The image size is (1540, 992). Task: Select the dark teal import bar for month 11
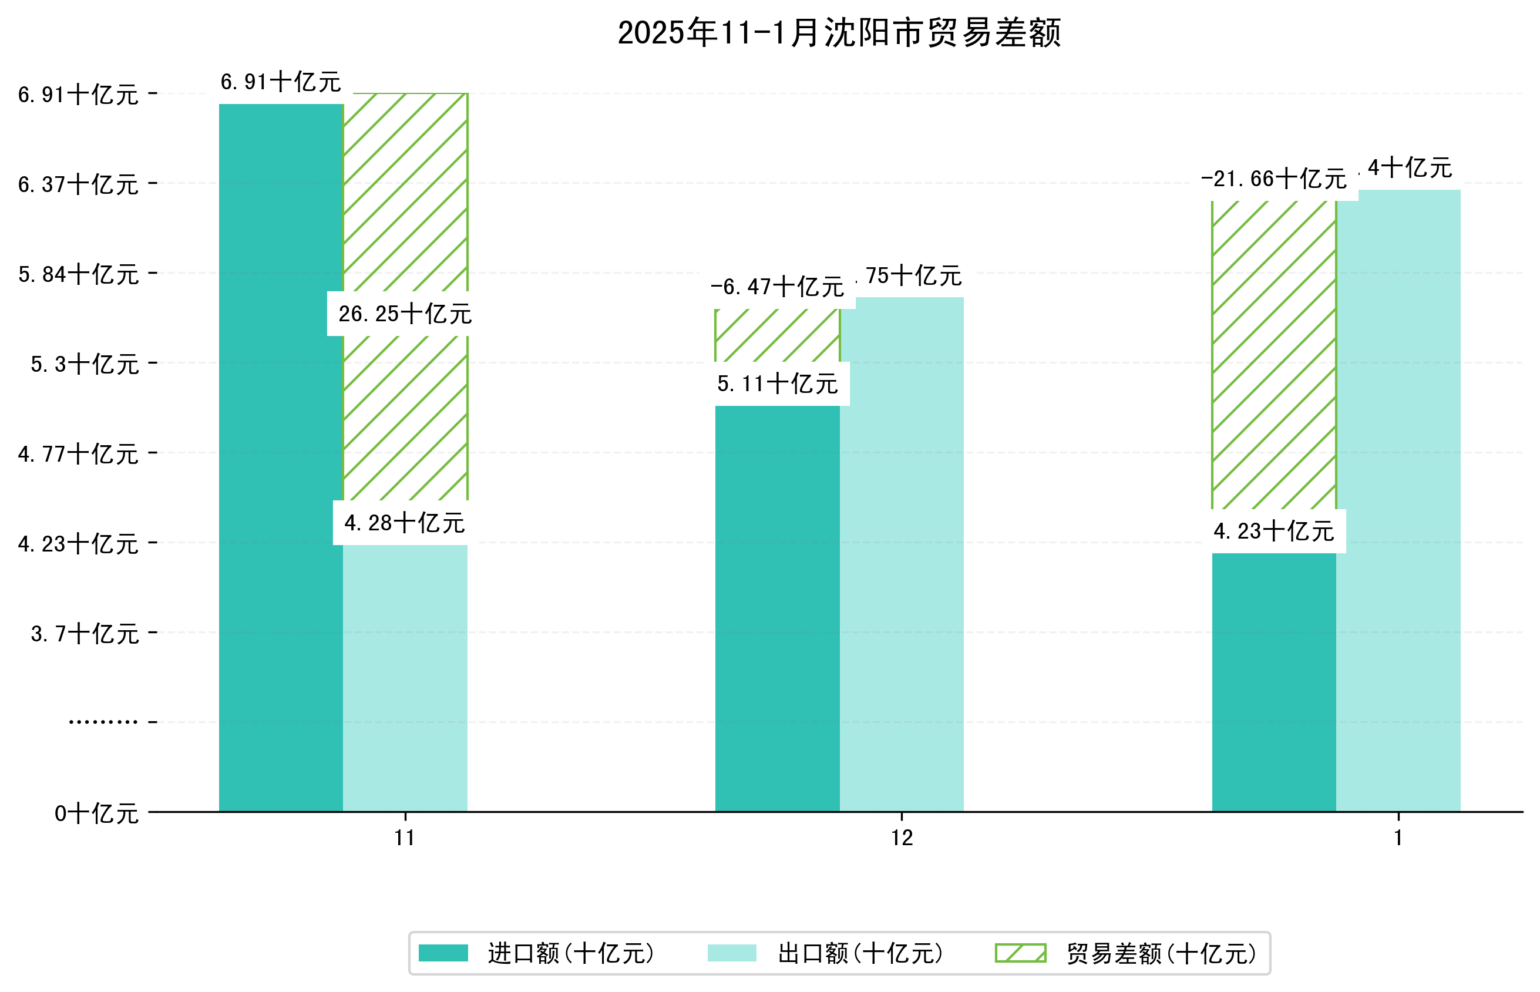click(281, 458)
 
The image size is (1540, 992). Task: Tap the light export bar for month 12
click(902, 554)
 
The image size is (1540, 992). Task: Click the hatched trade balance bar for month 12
click(777, 335)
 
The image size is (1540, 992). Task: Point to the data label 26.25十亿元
click(405, 314)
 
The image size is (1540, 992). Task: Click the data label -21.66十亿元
click(1273, 179)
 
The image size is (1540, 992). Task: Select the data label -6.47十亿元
click(777, 287)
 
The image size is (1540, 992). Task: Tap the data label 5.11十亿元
click(777, 384)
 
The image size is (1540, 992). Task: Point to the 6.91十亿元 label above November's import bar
click(281, 82)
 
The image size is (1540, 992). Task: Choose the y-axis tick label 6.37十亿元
click(78, 184)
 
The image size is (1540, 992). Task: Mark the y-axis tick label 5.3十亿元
click(85, 364)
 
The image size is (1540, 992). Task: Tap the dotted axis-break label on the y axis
click(103, 722)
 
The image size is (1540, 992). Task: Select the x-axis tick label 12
click(902, 838)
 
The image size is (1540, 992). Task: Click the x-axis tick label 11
click(405, 838)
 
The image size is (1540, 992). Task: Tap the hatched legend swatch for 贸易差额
click(1020, 953)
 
